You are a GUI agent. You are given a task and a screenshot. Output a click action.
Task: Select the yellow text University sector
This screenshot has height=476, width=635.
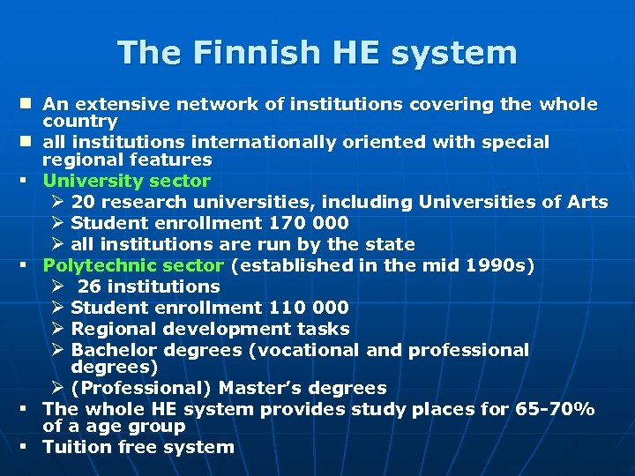(x=127, y=181)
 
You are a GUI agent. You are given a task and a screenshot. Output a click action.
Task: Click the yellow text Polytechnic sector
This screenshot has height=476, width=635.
(x=133, y=265)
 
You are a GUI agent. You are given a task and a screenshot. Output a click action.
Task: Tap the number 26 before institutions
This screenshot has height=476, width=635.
(x=90, y=286)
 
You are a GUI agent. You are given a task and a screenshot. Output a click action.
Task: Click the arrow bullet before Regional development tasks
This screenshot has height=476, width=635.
(x=57, y=329)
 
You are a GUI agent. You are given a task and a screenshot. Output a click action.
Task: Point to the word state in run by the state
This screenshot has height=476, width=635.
(x=390, y=244)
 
